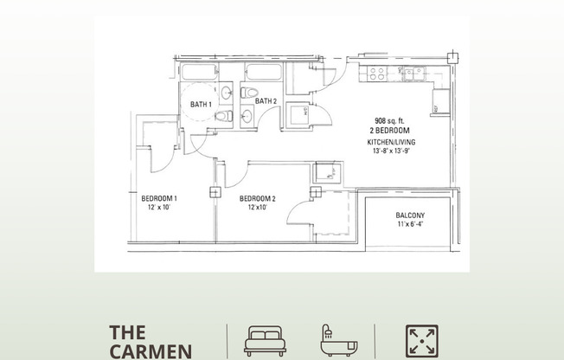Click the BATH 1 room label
tap(201, 105)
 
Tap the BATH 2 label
tap(266, 101)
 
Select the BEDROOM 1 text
tap(159, 198)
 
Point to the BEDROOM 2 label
tap(258, 198)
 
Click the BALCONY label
tap(410, 215)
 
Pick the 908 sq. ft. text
tap(389, 121)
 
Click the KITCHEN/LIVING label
tap(391, 142)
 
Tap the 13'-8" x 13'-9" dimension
tap(391, 151)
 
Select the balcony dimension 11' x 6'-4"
tap(410, 224)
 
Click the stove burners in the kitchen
tap(376, 74)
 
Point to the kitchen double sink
tap(413, 74)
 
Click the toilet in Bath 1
tap(224, 116)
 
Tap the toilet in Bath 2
tap(249, 93)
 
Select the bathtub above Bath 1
tap(199, 72)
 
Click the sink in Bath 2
tap(247, 116)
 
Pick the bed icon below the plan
tap(265, 341)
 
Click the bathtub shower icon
tap(338, 341)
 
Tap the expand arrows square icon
tap(422, 341)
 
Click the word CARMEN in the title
tap(151, 351)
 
